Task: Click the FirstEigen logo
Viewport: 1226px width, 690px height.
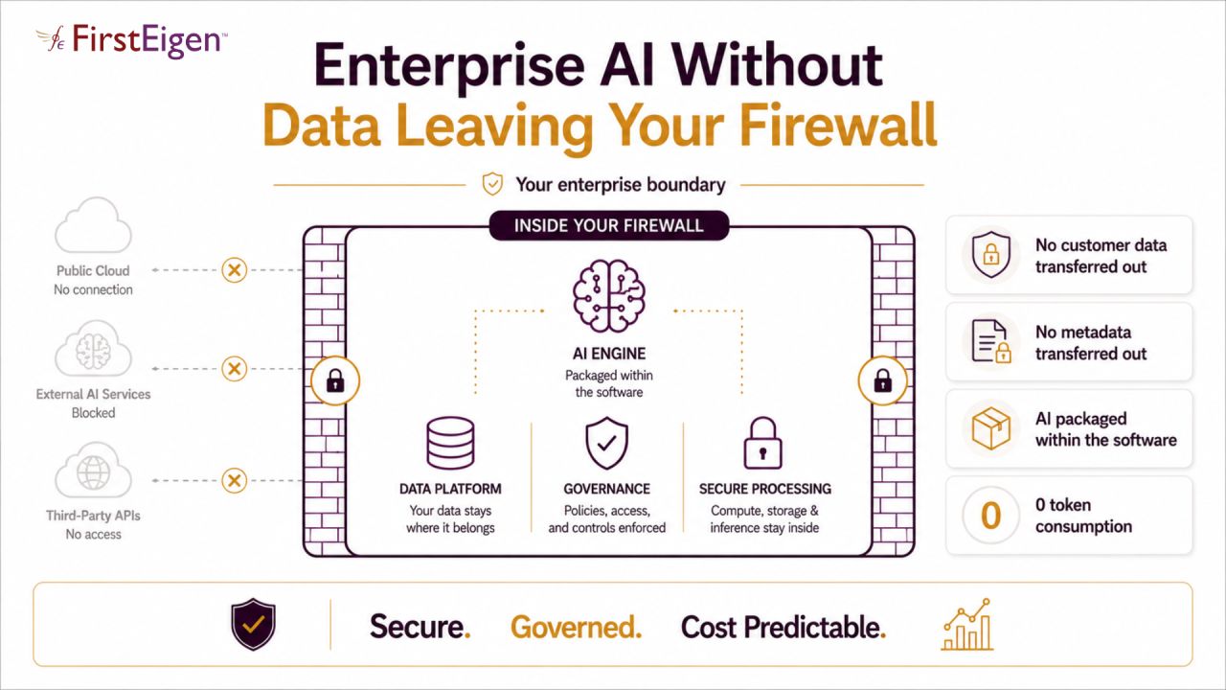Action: pos(131,40)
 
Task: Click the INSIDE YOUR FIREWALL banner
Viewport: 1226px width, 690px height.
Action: pos(608,225)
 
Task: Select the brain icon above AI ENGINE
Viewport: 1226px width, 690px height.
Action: pos(608,296)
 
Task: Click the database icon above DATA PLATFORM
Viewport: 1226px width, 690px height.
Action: pos(450,443)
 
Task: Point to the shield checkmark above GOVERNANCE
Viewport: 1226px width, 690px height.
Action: pos(606,443)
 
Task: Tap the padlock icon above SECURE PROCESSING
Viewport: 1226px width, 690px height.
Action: pos(762,443)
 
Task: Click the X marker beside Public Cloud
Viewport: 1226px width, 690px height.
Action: pos(235,270)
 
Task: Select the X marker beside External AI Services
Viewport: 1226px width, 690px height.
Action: pos(235,369)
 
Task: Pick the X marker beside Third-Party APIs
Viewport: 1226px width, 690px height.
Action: pos(235,480)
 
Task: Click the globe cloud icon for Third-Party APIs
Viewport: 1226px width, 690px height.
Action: pos(93,471)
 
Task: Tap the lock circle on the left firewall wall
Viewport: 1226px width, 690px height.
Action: pos(335,380)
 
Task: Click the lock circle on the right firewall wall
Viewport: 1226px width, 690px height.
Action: pos(882,380)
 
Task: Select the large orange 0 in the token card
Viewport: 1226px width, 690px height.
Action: pos(990,516)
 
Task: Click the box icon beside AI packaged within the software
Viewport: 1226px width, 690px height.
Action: pos(990,428)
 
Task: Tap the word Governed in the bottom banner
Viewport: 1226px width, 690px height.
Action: pos(576,628)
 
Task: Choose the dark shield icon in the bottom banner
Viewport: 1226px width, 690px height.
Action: pos(253,624)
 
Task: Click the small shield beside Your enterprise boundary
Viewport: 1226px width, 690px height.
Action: pos(492,184)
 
